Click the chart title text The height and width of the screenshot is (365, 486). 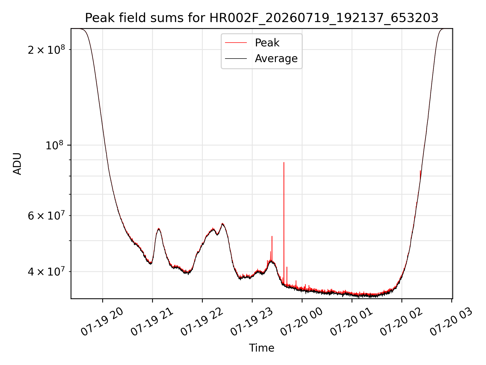coord(261,18)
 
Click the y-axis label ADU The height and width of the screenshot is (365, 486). coord(17,164)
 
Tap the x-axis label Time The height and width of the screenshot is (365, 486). coord(261,348)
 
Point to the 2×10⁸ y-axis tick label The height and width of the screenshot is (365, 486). coord(46,49)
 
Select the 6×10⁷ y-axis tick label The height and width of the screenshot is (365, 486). coord(46,215)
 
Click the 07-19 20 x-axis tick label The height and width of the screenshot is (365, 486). coord(102,322)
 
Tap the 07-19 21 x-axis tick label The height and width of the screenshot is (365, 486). coord(152,322)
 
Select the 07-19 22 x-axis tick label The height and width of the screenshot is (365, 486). coord(201,322)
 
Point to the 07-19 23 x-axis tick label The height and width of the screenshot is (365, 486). coord(251,322)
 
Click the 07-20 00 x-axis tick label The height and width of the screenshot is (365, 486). coord(301,322)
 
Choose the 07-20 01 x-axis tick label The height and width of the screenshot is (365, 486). coord(351,322)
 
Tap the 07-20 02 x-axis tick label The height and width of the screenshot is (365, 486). coord(401,322)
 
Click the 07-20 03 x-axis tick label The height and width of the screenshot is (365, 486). coord(451,322)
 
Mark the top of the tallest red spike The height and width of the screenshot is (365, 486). coord(284,162)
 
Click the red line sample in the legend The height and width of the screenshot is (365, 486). coord(236,43)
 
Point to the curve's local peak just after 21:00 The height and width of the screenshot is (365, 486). coord(158,229)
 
